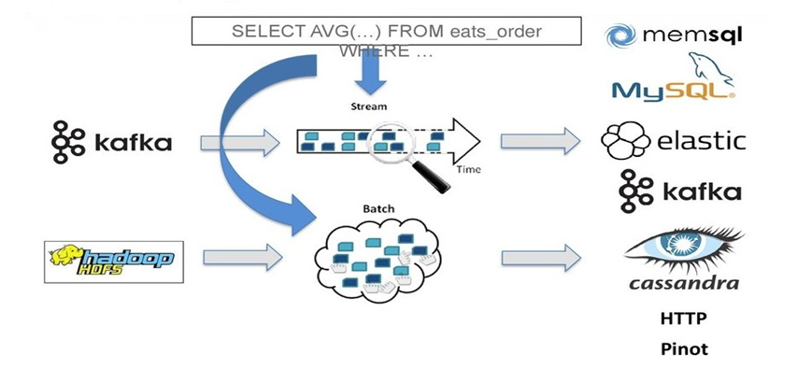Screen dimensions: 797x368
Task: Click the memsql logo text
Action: coord(692,35)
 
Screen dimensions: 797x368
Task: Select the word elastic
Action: coord(702,141)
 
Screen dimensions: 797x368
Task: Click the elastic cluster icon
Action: coord(625,140)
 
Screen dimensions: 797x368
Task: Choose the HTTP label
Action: coord(684,318)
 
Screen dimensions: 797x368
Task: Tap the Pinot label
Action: coord(684,349)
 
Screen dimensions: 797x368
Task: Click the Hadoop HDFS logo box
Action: coord(114,262)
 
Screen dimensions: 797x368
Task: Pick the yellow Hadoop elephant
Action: coord(65,255)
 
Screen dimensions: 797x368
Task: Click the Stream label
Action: coord(368,106)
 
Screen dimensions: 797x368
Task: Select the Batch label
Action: coord(378,209)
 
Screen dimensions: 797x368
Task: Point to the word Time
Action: coord(468,170)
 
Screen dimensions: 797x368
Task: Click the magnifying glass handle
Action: coord(431,177)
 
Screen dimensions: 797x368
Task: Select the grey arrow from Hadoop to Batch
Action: coord(242,257)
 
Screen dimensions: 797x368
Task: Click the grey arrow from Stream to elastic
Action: coord(540,141)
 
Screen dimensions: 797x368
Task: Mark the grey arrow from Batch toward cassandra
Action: coord(541,258)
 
